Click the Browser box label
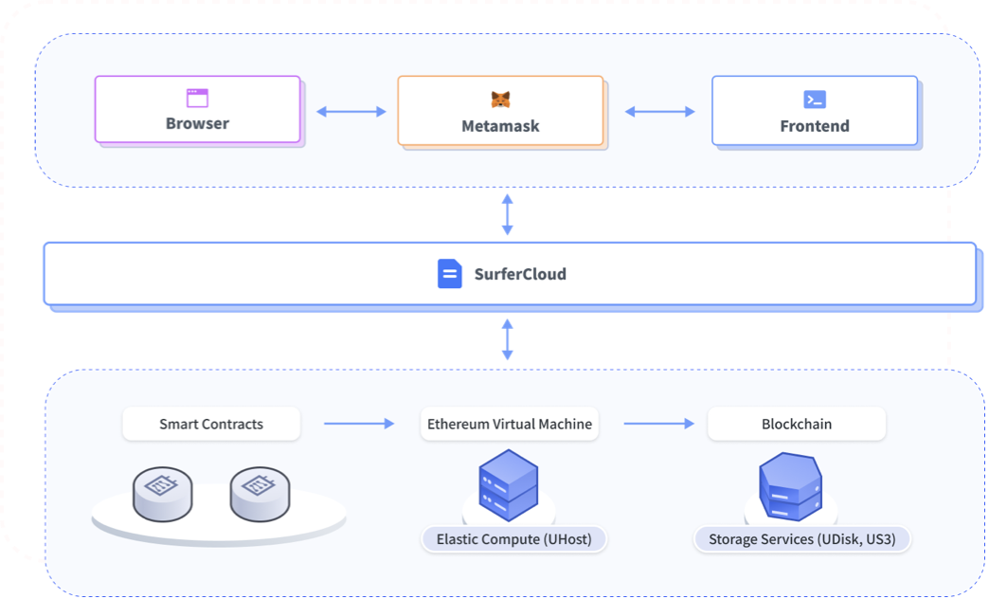(x=197, y=123)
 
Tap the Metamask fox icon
(x=500, y=100)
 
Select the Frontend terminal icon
(x=815, y=100)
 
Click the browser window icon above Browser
(x=197, y=98)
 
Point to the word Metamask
(x=500, y=126)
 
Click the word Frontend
(x=815, y=126)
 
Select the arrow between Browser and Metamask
(x=351, y=112)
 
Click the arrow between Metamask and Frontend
(x=659, y=112)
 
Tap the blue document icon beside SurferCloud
(x=449, y=274)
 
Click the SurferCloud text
(x=520, y=275)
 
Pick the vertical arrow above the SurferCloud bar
(x=508, y=215)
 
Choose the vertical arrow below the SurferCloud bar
(x=508, y=339)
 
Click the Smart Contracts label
(x=211, y=424)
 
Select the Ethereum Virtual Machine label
(x=510, y=424)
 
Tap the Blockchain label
(x=797, y=424)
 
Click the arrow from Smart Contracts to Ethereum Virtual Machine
(x=358, y=424)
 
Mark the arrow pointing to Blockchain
(x=659, y=424)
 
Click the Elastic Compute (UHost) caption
(x=513, y=539)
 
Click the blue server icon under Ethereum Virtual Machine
(x=509, y=484)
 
